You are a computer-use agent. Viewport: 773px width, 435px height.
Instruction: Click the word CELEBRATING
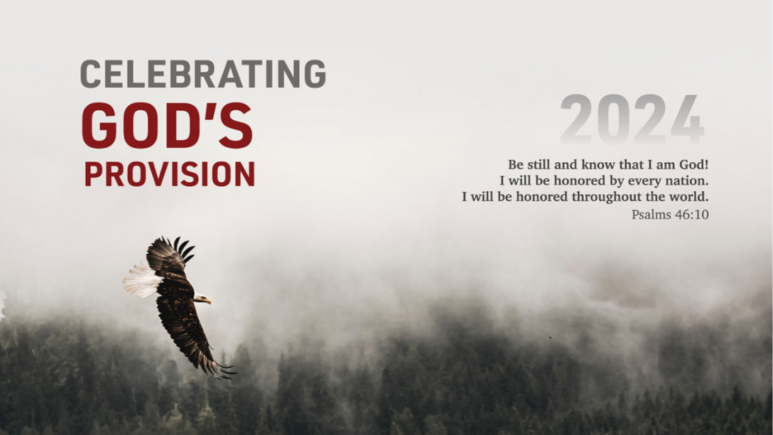[202, 73]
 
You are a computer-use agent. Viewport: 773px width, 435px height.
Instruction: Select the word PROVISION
[170, 173]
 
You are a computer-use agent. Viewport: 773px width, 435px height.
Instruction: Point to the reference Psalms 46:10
[670, 215]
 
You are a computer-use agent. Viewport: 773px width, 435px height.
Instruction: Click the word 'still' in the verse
[539, 164]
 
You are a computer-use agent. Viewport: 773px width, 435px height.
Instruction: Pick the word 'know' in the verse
[595, 164]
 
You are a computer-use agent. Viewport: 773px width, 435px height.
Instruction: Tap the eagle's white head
[201, 298]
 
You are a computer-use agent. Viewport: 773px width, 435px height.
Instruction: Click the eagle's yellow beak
[208, 300]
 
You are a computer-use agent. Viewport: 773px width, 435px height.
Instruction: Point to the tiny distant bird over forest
[550, 338]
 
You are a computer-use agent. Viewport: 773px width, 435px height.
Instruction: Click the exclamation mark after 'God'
[706, 164]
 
